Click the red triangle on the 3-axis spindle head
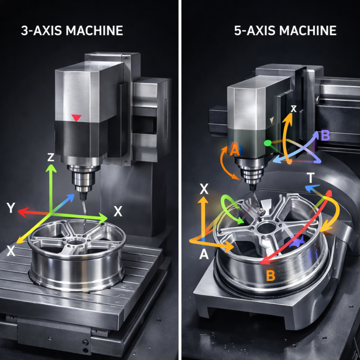pos(76,118)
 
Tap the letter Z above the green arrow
pos(51,157)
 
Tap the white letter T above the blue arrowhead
pos(310,178)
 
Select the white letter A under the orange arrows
pos(204,255)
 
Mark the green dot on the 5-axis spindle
pos(267,143)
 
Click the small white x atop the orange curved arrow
pos(293,109)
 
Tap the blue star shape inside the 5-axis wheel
pos(296,243)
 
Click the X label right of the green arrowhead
pos(118,211)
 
